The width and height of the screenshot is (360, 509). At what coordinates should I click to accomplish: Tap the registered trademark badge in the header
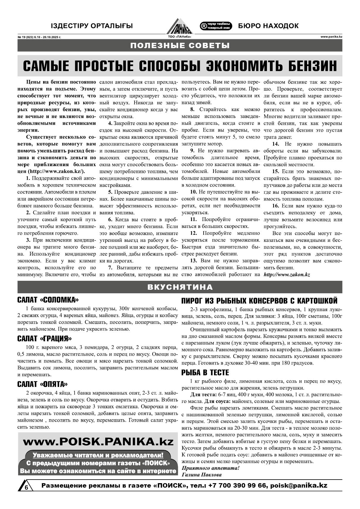(216, 26)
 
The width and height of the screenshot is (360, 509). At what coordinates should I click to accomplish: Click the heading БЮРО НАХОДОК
(268, 26)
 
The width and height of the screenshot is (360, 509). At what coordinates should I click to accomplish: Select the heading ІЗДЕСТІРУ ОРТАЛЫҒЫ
(92, 26)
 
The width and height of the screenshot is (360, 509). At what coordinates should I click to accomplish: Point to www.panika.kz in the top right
(331, 37)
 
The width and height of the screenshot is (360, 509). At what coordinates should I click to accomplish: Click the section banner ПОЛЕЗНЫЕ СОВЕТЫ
(180, 45)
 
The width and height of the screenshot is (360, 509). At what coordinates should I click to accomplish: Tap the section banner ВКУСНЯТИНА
(180, 287)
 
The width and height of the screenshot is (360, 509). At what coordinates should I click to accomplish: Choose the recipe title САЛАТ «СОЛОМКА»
(48, 300)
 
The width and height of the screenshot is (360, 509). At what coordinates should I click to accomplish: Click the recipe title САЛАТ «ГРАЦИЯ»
(45, 339)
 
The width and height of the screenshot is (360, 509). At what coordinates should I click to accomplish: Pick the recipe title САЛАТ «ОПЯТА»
(43, 384)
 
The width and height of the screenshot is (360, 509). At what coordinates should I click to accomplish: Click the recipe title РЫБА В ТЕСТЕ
(205, 373)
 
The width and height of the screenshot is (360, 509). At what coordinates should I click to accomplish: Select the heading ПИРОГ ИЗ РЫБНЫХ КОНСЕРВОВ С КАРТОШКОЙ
(259, 300)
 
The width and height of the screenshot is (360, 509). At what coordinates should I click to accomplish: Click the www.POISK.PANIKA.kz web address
(98, 442)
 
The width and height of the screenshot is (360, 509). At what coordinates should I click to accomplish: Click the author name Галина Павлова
(201, 475)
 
